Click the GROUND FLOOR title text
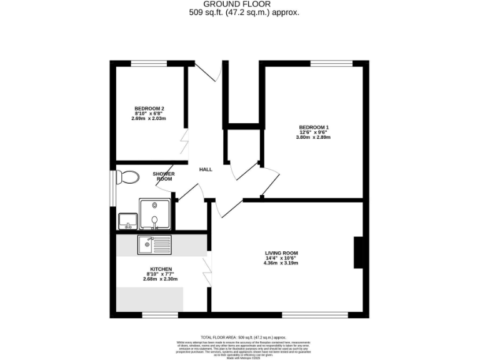point(239,4)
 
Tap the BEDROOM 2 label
point(149,107)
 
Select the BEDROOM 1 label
point(313,127)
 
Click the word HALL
point(206,169)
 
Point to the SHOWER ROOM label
point(164,176)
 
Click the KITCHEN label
point(161,269)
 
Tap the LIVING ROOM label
point(281,253)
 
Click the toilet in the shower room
point(128,177)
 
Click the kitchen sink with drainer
point(154,244)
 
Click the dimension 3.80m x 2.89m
point(313,137)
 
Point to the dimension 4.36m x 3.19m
point(281,262)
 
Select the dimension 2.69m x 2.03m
point(149,117)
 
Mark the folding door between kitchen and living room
point(207,273)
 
